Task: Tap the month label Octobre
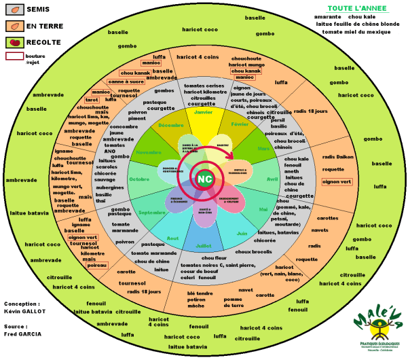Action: click(x=140, y=179)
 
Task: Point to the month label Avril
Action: click(x=273, y=179)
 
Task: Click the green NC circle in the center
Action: click(x=205, y=179)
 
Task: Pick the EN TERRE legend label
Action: click(x=44, y=26)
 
